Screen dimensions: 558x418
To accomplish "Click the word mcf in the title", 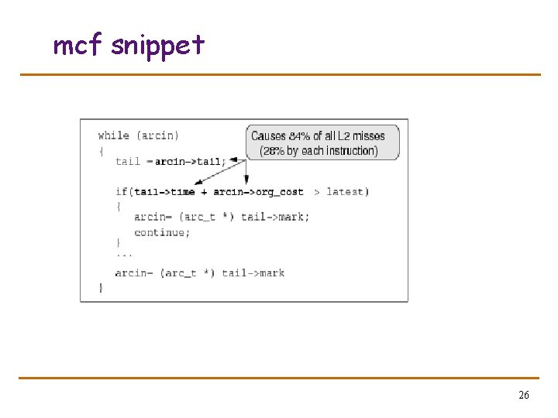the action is (77, 46).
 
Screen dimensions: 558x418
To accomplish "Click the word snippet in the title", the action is (158, 46).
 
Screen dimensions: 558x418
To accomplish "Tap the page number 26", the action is (524, 396).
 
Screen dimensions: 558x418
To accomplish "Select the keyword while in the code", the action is (113, 135).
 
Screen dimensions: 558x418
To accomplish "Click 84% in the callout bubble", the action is (299, 136).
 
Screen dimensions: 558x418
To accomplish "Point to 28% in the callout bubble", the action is (274, 151).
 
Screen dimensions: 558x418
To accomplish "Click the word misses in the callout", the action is (368, 136).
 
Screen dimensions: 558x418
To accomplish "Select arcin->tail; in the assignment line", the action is (190, 162).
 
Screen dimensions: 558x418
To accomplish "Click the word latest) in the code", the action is (348, 192).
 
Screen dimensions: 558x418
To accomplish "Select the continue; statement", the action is (161, 232).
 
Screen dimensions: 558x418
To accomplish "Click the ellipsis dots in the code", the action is (124, 253).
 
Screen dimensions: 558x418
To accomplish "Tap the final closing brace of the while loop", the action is (100, 287).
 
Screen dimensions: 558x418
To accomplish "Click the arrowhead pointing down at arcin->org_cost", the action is (246, 181).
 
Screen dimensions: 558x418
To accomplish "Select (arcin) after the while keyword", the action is (157, 135).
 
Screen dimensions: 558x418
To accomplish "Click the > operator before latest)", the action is (317, 192).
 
